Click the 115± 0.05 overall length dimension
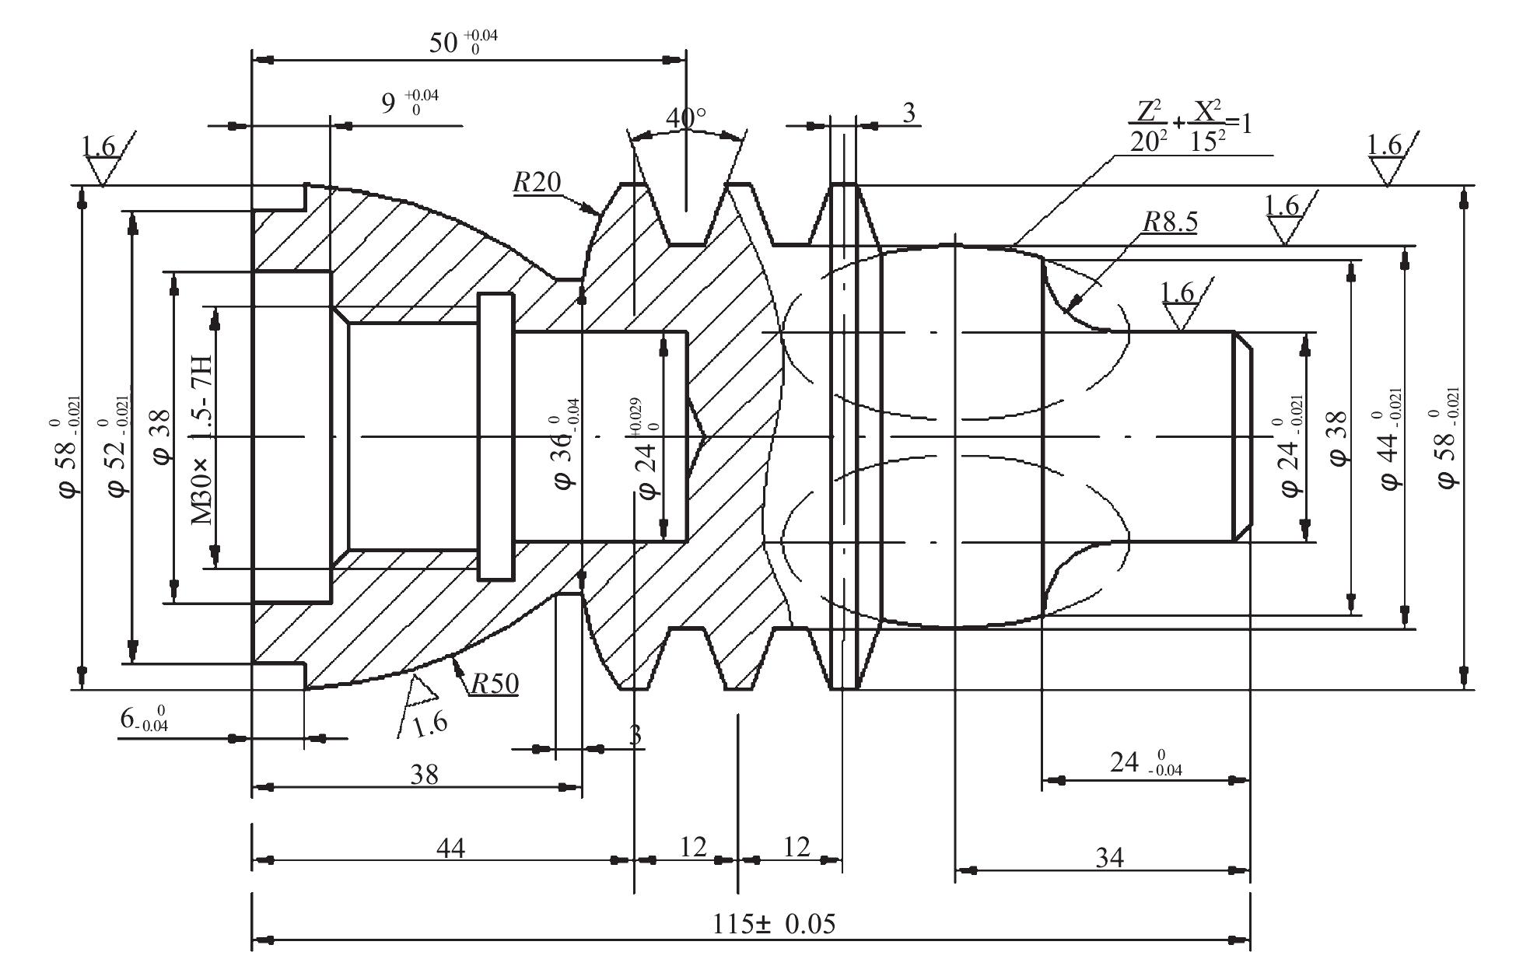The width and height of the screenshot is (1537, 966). [774, 924]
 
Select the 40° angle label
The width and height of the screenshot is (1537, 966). [686, 118]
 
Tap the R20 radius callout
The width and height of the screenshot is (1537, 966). [537, 182]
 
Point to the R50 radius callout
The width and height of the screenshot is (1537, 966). [495, 684]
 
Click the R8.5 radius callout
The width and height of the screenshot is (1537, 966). [1170, 222]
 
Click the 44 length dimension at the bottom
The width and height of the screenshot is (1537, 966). [450, 847]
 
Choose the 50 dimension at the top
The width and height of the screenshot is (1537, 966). [464, 43]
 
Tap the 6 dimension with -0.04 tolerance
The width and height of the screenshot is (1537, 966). [145, 718]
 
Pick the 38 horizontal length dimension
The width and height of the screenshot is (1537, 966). [425, 774]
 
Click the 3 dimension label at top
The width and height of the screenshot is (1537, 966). [909, 114]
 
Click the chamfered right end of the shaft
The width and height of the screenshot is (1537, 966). [1242, 436]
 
